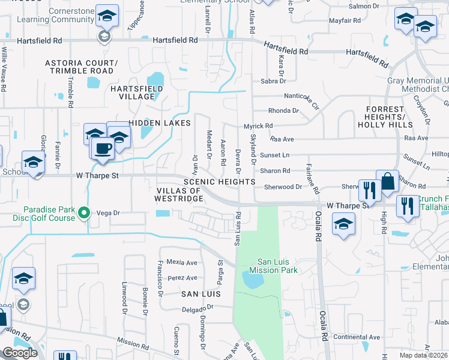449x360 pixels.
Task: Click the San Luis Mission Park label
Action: pos(277,266)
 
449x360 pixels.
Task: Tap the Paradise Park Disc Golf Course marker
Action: pos(85,212)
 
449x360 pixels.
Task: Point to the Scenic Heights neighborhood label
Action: pos(220,181)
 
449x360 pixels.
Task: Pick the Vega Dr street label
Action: pos(109,212)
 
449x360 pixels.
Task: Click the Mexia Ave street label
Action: pos(182,262)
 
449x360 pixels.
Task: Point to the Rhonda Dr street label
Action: pos(283,110)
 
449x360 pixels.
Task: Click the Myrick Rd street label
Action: pos(258,126)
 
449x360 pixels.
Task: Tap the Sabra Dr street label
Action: pos(271,81)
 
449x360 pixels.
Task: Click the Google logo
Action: pos(20,353)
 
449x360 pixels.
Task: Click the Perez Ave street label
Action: pos(182,278)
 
